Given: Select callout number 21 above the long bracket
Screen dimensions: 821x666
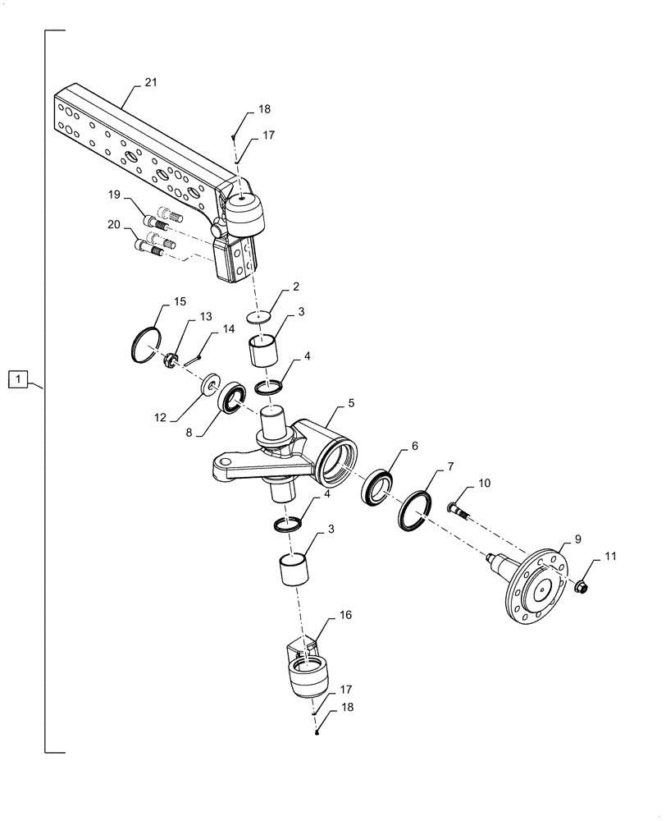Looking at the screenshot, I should (x=151, y=83).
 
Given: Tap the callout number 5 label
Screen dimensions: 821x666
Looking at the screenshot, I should (x=351, y=403).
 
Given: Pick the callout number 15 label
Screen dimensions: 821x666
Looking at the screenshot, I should (x=180, y=303).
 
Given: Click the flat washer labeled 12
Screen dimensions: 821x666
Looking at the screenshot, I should (x=211, y=384).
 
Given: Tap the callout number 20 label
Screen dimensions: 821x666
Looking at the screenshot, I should (x=115, y=223).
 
